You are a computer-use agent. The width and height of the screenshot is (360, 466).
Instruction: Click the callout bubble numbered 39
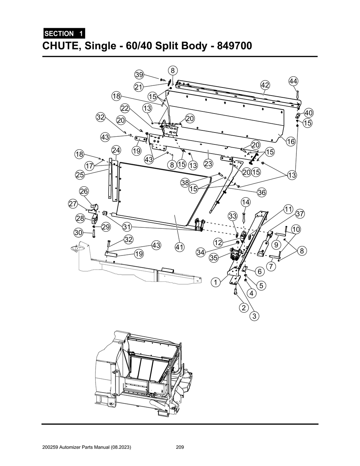139,75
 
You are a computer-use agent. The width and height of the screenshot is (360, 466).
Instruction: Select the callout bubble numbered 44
293,81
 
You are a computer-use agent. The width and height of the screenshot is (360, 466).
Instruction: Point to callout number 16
290,142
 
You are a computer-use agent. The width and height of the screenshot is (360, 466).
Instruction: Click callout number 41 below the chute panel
180,247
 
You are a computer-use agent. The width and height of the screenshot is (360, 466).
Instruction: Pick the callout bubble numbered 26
84,191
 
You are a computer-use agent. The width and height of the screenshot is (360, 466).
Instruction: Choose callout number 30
78,232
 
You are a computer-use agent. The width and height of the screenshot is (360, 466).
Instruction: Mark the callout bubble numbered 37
300,214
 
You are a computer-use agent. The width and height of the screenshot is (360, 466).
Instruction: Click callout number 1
216,282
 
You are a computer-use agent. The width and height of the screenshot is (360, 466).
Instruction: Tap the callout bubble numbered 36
262,192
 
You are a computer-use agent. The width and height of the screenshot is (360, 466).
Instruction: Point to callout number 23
208,164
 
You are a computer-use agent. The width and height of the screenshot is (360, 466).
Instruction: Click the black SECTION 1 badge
64,34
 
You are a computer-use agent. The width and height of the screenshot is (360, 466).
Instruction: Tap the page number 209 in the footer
180,448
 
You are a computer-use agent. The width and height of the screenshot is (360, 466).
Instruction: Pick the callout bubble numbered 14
246,202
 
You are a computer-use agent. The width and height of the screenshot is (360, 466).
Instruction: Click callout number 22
125,108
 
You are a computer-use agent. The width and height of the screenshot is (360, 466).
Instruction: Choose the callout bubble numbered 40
308,113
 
